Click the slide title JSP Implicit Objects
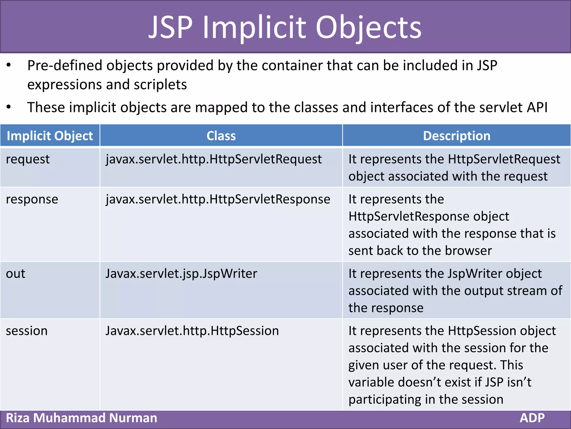tap(285, 27)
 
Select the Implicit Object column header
tap(50, 136)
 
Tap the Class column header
tap(221, 136)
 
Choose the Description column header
tap(456, 136)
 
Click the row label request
tap(28, 159)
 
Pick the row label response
tap(32, 199)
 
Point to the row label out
tap(16, 274)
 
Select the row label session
tap(26, 331)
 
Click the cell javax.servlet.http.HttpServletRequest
tap(214, 159)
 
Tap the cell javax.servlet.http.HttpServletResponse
tap(218, 199)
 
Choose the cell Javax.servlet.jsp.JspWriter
tap(181, 274)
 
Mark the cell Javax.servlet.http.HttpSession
tap(192, 331)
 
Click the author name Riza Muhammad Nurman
tap(81, 418)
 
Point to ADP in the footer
tap(532, 418)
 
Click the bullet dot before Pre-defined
tap(9, 65)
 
